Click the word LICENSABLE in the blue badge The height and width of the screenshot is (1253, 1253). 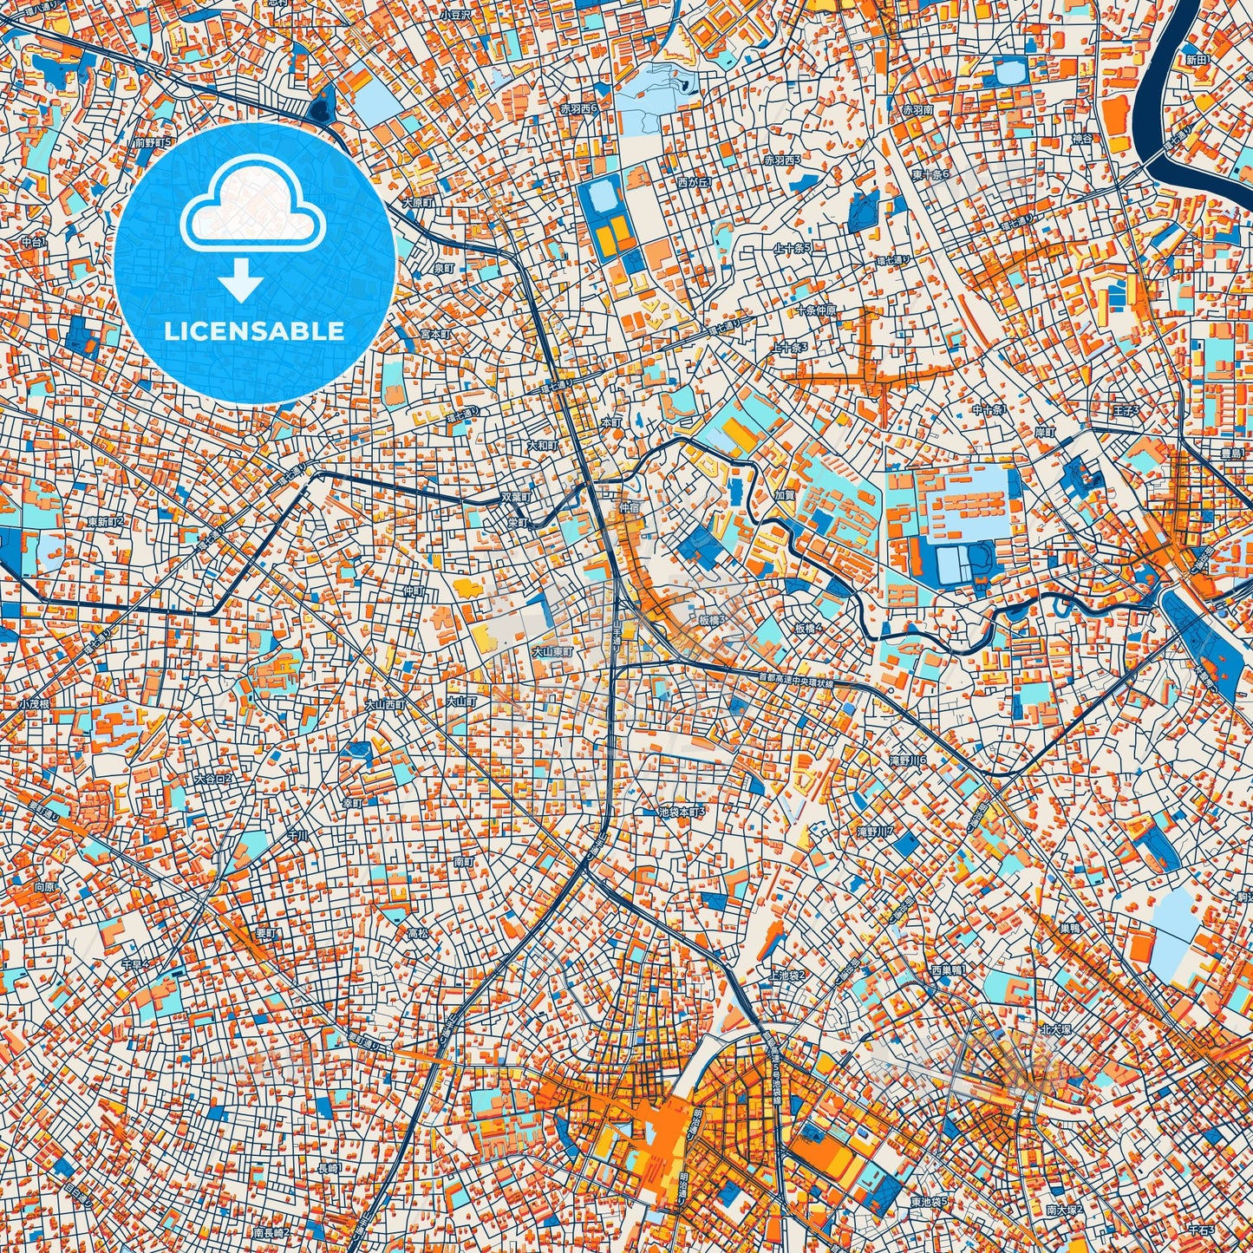(x=254, y=331)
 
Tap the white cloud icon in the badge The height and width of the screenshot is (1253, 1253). (x=252, y=208)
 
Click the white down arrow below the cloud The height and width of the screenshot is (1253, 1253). (x=242, y=282)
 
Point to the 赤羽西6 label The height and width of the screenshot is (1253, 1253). (x=580, y=109)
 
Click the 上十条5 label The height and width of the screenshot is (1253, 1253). (x=792, y=248)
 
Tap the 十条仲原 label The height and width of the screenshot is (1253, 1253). (x=816, y=310)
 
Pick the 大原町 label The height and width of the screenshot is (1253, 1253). (x=417, y=203)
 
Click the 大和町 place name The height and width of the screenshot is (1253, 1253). (x=541, y=445)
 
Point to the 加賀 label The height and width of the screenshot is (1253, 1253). (x=784, y=495)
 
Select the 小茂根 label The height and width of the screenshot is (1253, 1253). (x=34, y=704)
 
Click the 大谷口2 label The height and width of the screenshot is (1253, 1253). (x=213, y=779)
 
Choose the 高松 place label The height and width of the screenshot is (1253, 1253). (x=418, y=934)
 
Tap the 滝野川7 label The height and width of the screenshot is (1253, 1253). (x=874, y=832)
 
